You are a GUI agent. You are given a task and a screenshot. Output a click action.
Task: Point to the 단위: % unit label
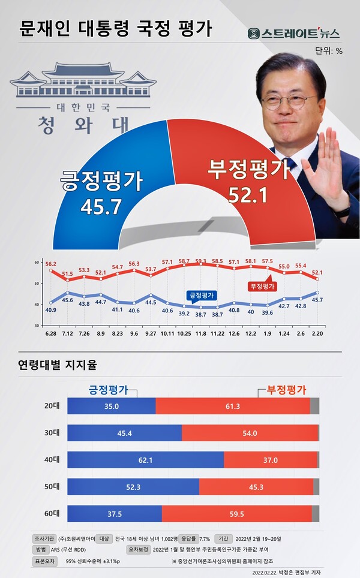(x=328, y=51)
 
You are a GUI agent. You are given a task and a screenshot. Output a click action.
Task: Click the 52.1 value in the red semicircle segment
(x=247, y=194)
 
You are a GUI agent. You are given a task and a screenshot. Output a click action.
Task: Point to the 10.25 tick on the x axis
(x=184, y=333)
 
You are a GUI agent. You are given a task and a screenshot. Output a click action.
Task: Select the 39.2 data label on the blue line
(x=184, y=313)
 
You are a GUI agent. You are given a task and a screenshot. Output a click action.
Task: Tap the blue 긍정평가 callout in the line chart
(x=200, y=296)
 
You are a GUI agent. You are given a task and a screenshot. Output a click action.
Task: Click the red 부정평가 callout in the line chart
(x=260, y=286)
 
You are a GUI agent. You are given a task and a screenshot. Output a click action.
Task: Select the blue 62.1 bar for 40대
(x=145, y=460)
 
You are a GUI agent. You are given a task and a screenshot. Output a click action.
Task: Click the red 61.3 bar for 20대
(x=233, y=406)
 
